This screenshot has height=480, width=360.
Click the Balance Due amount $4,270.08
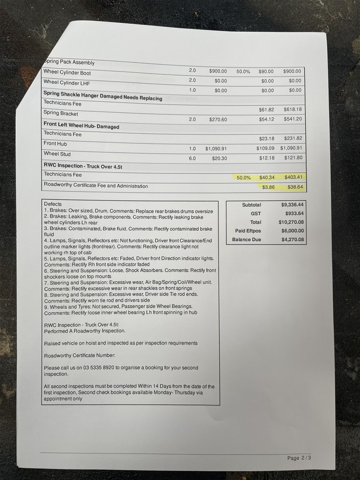point(293,239)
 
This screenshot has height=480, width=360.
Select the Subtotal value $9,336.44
point(293,205)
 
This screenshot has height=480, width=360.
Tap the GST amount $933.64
point(295,213)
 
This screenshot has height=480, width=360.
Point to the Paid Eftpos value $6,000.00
point(293,231)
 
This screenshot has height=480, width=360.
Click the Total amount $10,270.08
point(292,222)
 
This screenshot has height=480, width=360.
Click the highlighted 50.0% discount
point(244,177)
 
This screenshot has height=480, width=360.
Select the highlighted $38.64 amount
point(295,187)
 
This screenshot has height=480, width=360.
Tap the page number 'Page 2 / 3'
point(299,458)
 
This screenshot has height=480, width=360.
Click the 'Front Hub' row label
point(55,144)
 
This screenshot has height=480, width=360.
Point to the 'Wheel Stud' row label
point(57,154)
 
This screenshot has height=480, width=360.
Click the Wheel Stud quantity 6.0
point(192,158)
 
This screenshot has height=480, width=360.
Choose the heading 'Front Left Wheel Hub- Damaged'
point(81,127)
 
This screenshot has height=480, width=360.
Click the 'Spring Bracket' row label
point(61,113)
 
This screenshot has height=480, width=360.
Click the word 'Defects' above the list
point(53,204)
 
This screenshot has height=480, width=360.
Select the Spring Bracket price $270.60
point(221,119)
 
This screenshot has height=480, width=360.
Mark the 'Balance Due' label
point(247,239)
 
